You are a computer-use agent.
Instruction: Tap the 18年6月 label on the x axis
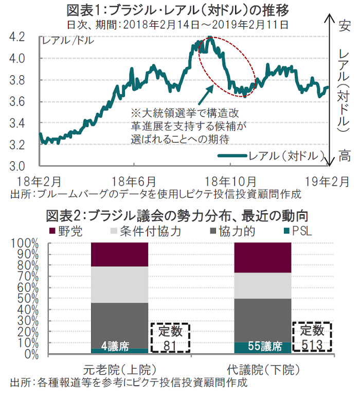pyautogui.click(x=134, y=181)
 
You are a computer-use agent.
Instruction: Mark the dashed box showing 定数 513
pyautogui.click(x=313, y=338)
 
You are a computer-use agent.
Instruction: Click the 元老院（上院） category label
pyautogui.click(x=119, y=370)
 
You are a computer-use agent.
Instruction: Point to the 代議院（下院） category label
pyautogui.click(x=262, y=370)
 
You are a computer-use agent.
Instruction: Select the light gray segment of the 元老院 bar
pyautogui.click(x=119, y=284)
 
